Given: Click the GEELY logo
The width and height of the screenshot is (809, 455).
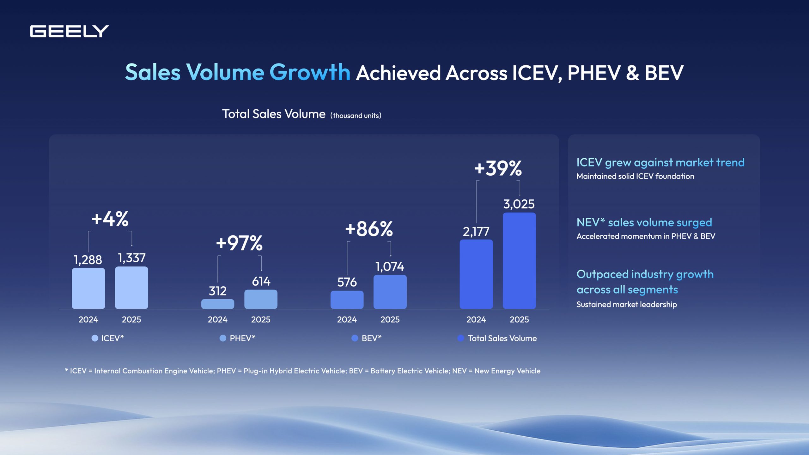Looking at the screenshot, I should tap(69, 31).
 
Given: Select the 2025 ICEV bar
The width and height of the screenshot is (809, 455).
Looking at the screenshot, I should tap(131, 288).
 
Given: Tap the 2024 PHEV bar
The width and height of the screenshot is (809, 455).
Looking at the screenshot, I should tap(217, 304).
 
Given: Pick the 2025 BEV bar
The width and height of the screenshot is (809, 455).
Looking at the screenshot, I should tap(390, 292).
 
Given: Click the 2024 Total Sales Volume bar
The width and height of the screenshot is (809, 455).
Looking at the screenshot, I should tap(476, 274).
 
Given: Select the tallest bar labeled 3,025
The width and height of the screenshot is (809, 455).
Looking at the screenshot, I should tap(519, 261).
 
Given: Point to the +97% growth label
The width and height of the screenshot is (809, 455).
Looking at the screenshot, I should tap(239, 243).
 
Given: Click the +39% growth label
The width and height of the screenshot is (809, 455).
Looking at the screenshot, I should tap(498, 168).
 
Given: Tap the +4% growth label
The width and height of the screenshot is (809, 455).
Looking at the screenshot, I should tap(110, 219).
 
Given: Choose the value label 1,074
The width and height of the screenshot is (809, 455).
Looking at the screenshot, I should tap(390, 267).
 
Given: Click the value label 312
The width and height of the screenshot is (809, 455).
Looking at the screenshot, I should tap(217, 291).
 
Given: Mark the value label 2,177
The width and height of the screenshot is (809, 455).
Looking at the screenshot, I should tap(476, 232).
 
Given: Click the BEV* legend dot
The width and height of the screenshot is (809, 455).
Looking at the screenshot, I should tap(355, 338).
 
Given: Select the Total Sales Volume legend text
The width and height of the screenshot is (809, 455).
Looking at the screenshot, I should tap(502, 338).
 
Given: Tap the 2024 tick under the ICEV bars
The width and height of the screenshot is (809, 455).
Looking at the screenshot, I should tap(88, 319).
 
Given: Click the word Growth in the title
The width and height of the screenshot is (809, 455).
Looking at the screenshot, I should tap(309, 72).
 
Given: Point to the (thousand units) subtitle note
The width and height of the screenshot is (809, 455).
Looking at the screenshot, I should tap(356, 116).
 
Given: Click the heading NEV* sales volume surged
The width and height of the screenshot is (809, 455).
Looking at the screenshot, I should tap(644, 222).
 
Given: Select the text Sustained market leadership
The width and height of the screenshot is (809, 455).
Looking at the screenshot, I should tap(626, 304).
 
